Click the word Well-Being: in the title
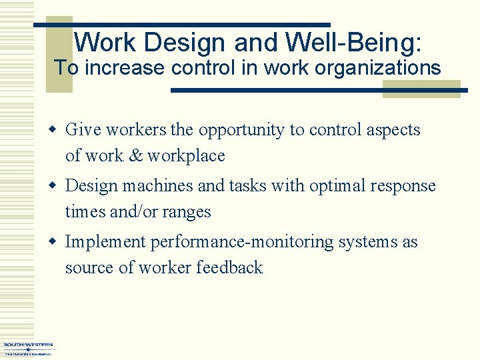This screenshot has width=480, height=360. pos(353,43)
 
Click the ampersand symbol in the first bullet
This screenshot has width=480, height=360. pos(135,156)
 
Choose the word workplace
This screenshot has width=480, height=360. pos(186,156)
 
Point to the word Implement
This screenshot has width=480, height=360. pos(105,242)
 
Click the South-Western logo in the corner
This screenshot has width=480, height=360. pos(27,349)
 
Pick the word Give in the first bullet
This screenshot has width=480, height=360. pos(81,129)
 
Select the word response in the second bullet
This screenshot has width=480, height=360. pos(401,186)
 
